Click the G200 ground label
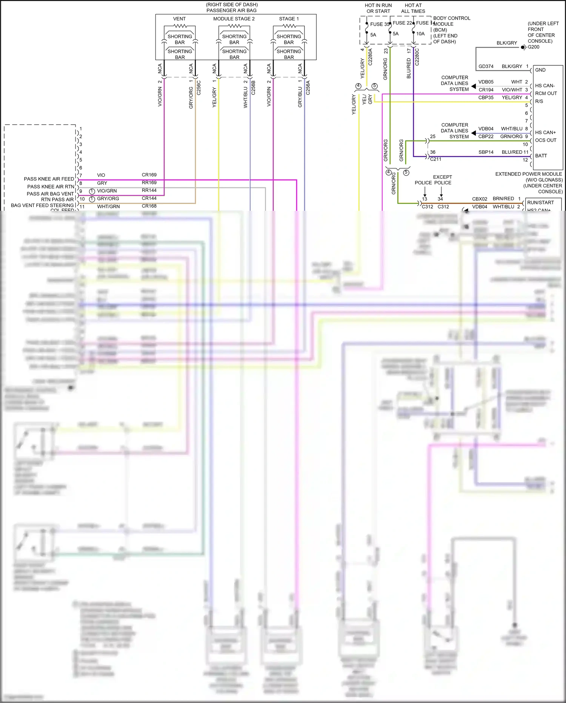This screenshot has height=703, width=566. pyautogui.click(x=534, y=47)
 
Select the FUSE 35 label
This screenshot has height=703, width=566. pyautogui.click(x=379, y=24)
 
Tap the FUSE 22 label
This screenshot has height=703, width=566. pyautogui.click(x=402, y=23)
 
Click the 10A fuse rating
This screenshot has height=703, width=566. pyautogui.click(x=420, y=34)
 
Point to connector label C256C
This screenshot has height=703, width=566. pyautogui.click(x=199, y=87)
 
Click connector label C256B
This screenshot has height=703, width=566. pyautogui.click(x=253, y=87)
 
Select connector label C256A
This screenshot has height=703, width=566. pyautogui.click(x=308, y=87)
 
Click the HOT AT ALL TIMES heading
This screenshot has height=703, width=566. pyautogui.click(x=413, y=8)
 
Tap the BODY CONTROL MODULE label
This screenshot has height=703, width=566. pyautogui.click(x=451, y=21)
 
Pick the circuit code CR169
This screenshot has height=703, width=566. pyautogui.click(x=149, y=175)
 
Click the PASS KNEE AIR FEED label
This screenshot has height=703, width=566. pyautogui.click(x=49, y=179)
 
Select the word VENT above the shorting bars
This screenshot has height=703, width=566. pyautogui.click(x=179, y=19)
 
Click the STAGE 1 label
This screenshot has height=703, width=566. pyautogui.click(x=289, y=19)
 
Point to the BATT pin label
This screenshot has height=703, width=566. pyautogui.click(x=541, y=156)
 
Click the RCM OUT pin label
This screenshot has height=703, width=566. pyautogui.click(x=546, y=93)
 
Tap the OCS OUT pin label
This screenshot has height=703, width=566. pyautogui.click(x=546, y=140)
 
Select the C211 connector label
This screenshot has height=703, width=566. pyautogui.click(x=435, y=159)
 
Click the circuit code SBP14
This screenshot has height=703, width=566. pyautogui.click(x=486, y=152)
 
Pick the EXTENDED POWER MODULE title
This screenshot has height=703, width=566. pyautogui.click(x=528, y=174)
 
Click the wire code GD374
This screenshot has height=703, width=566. pyautogui.click(x=486, y=66)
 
